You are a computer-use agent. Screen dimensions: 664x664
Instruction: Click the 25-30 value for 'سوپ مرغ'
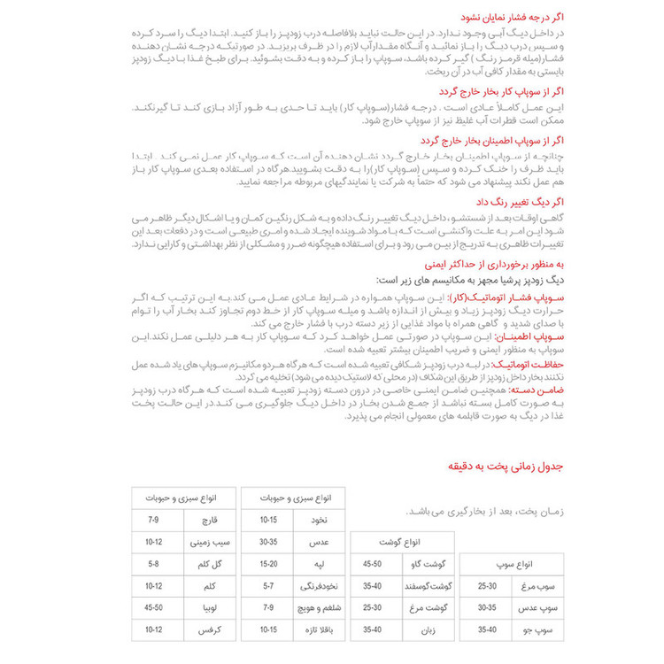pos(487,586)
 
